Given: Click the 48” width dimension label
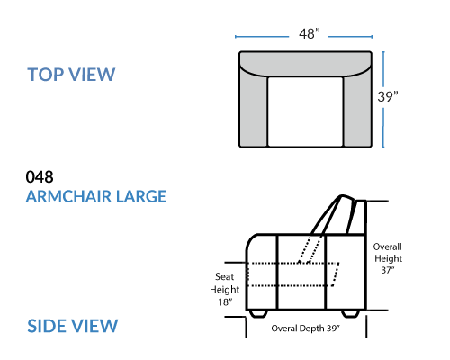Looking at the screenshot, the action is [310, 33].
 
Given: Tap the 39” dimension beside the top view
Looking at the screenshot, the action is [388, 96].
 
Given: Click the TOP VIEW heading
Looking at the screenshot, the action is [71, 75].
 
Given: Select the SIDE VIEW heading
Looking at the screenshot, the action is [73, 326].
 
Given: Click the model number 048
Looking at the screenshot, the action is [40, 177].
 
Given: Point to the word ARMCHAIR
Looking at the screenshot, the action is [68, 197].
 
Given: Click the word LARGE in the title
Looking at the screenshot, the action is [141, 197].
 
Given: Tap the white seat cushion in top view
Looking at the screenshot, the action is [305, 112].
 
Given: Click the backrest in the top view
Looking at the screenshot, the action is [305, 63].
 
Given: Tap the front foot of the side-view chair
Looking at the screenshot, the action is [258, 313].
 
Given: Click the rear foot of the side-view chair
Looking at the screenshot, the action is [350, 313].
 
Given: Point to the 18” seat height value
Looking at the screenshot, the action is [225, 302].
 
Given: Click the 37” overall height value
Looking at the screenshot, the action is [388, 270].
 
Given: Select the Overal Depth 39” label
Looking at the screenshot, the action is [305, 328].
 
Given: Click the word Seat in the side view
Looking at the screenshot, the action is [224, 276].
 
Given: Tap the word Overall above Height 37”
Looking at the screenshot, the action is [387, 247].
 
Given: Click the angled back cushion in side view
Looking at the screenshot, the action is [332, 215].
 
